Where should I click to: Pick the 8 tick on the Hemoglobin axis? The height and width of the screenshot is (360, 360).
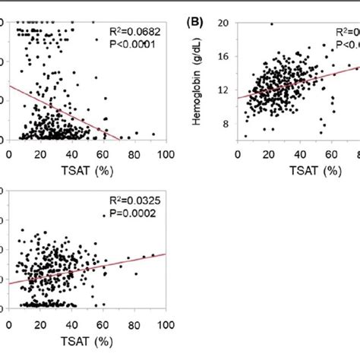(225, 125)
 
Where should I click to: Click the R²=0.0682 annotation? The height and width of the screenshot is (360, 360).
(134, 33)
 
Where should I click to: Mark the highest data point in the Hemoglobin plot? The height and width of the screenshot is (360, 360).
(271, 24)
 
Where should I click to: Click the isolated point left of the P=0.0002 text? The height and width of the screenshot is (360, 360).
(104, 216)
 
